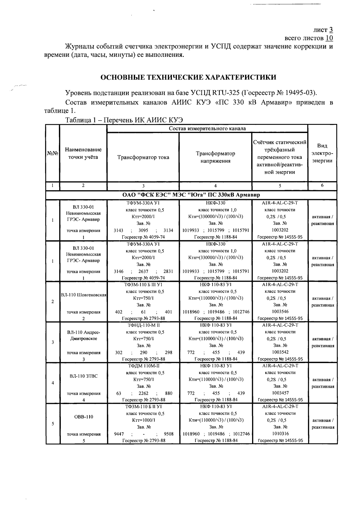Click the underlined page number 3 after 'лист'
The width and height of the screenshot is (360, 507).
tap(331, 30)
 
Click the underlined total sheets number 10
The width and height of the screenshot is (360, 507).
tap(329, 38)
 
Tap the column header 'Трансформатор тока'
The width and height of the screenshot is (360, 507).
tap(143, 157)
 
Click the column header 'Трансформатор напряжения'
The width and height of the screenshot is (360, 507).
tap(215, 157)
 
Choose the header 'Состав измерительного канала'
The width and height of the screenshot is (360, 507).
tap(207, 129)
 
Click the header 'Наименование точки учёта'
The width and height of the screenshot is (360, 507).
tap(83, 154)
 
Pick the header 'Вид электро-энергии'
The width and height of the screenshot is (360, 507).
tap(322, 154)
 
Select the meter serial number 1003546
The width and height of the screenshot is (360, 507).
tap(280, 312)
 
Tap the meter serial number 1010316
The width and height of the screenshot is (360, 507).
tap(280, 434)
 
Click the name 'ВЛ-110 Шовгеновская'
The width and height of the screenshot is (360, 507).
tap(84, 295)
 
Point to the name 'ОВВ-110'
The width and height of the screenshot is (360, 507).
tap(84, 417)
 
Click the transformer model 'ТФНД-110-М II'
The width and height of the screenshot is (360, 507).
tap(143, 325)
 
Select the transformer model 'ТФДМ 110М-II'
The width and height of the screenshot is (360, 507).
tap(143, 366)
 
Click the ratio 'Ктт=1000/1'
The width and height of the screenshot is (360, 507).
tap(143, 420)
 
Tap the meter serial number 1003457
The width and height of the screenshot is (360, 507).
tap(280, 393)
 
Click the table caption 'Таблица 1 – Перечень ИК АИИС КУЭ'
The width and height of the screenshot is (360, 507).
tap(124, 120)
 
